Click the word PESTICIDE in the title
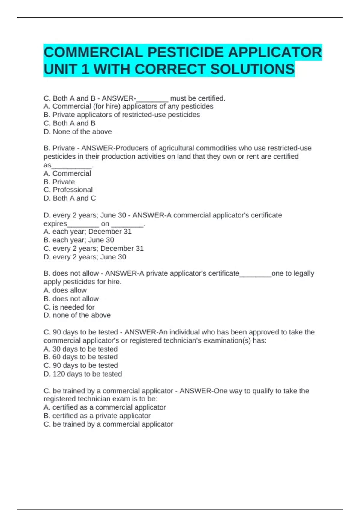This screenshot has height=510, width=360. pos(185,52)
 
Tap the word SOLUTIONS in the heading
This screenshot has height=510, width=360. pos(252,69)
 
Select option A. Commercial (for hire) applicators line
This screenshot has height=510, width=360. pos(128,106)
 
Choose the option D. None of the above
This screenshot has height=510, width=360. pos(78,131)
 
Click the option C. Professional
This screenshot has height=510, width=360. pos(68,190)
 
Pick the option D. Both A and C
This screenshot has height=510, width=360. pos(70,198)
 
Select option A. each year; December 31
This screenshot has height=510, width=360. pos(88,232)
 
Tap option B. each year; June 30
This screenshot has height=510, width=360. pos(79,240)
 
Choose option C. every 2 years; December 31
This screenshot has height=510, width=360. pos(94,248)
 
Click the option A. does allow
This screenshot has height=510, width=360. pos(65,290)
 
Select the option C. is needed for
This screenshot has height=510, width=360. pos(69,307)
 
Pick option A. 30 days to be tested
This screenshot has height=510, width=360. pos(80,349)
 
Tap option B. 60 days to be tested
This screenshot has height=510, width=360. pos(80,357)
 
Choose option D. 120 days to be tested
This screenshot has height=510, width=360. pos(83,374)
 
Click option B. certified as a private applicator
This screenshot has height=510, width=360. pos(97,415)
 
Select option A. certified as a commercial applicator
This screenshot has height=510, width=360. pos(105,407)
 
